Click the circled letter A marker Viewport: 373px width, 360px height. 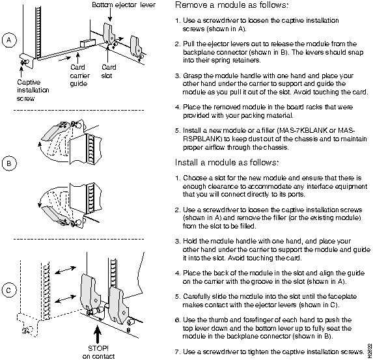click(x=9, y=40)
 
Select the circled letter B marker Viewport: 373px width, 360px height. click(x=9, y=163)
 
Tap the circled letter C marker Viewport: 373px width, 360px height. click(x=9, y=290)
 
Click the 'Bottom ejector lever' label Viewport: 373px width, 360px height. click(x=124, y=5)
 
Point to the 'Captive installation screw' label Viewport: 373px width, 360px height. click(x=33, y=90)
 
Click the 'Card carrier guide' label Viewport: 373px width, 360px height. click(x=79, y=76)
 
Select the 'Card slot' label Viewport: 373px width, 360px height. click(x=109, y=72)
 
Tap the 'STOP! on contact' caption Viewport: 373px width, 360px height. click(x=98, y=352)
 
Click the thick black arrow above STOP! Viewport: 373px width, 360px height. click(x=98, y=334)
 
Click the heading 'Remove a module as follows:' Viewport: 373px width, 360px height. click(x=232, y=5)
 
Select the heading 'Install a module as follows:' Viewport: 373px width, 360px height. click(x=227, y=163)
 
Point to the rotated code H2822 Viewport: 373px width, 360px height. click(x=370, y=350)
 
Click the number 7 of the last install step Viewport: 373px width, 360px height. click(x=177, y=352)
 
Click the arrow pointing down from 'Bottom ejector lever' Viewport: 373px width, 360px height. click(x=109, y=15)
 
